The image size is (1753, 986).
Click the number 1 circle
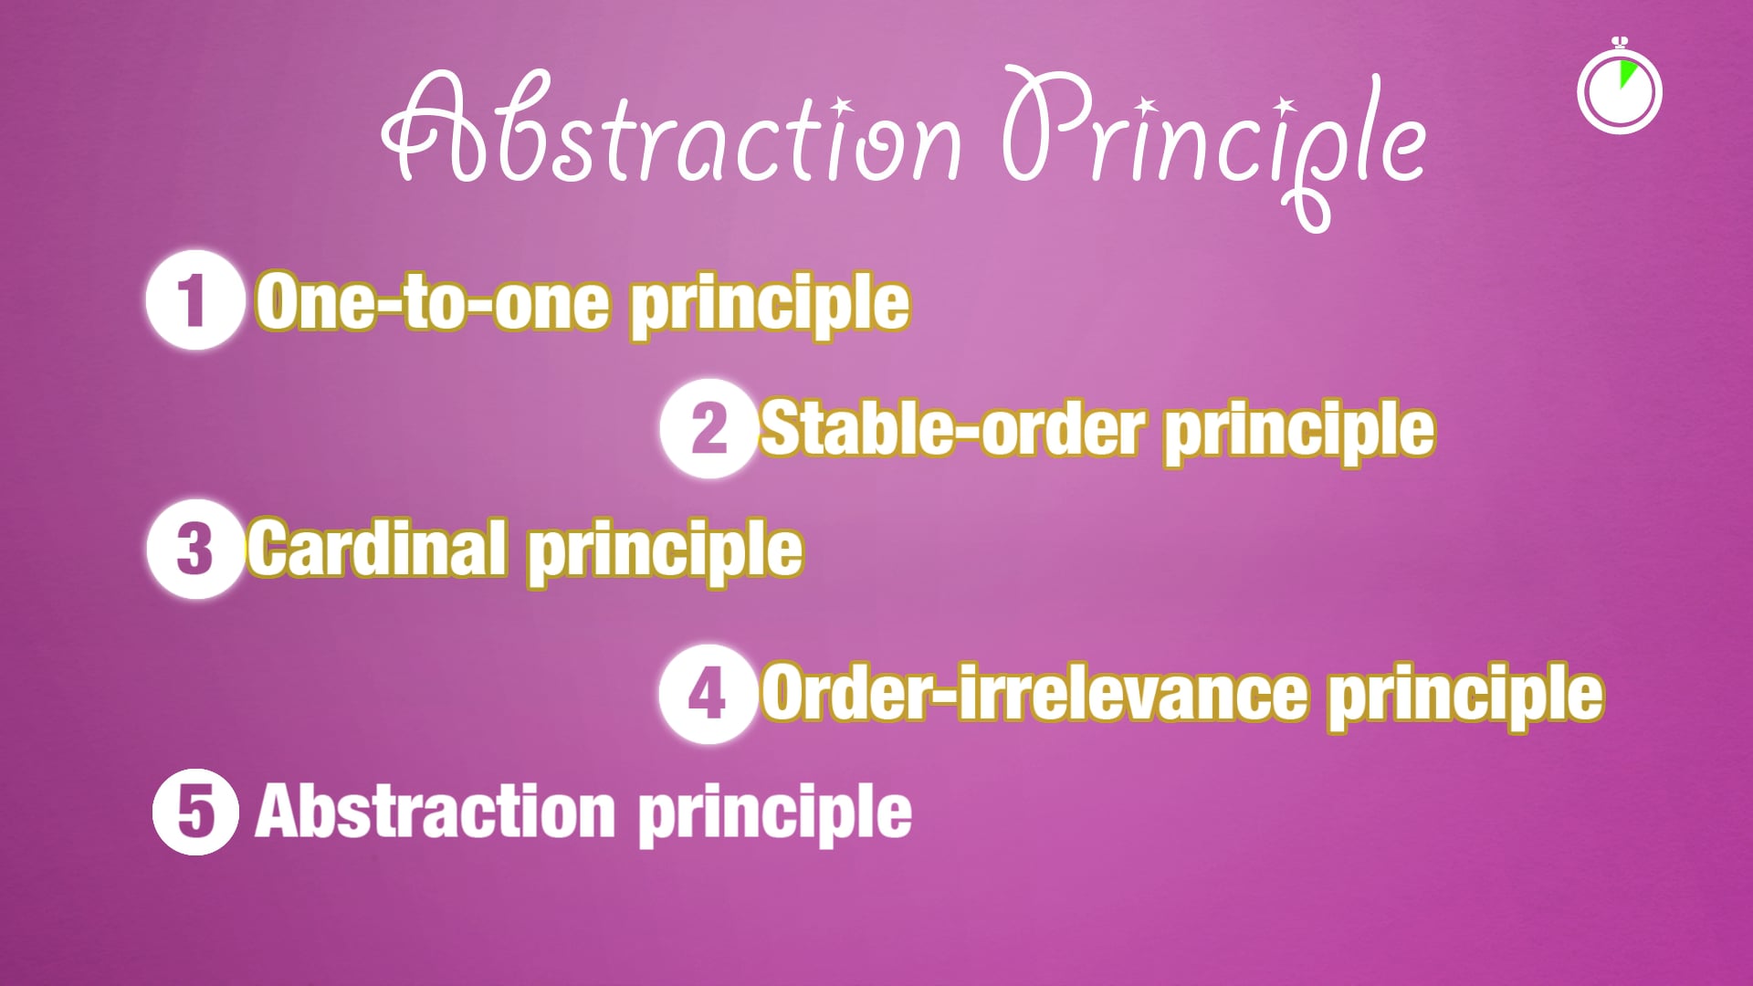click(x=194, y=300)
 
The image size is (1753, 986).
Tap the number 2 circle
click(x=709, y=428)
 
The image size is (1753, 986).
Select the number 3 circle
click(x=194, y=550)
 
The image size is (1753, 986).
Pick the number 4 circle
click(x=708, y=694)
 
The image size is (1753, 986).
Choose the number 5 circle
click(x=195, y=812)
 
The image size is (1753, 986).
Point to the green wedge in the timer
click(x=1627, y=73)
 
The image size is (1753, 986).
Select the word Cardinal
click(x=377, y=549)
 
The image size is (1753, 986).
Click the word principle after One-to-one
click(x=770, y=306)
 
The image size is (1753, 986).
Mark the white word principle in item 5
click(x=774, y=815)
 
